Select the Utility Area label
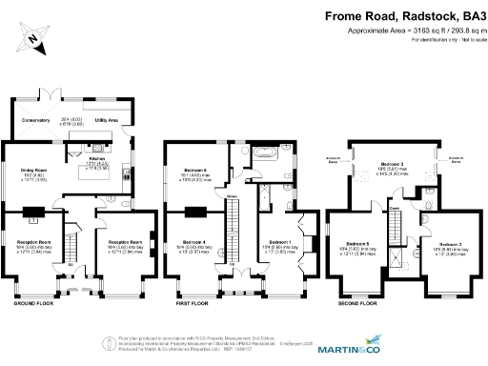pos(105,121)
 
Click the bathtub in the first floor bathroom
pos(262,152)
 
